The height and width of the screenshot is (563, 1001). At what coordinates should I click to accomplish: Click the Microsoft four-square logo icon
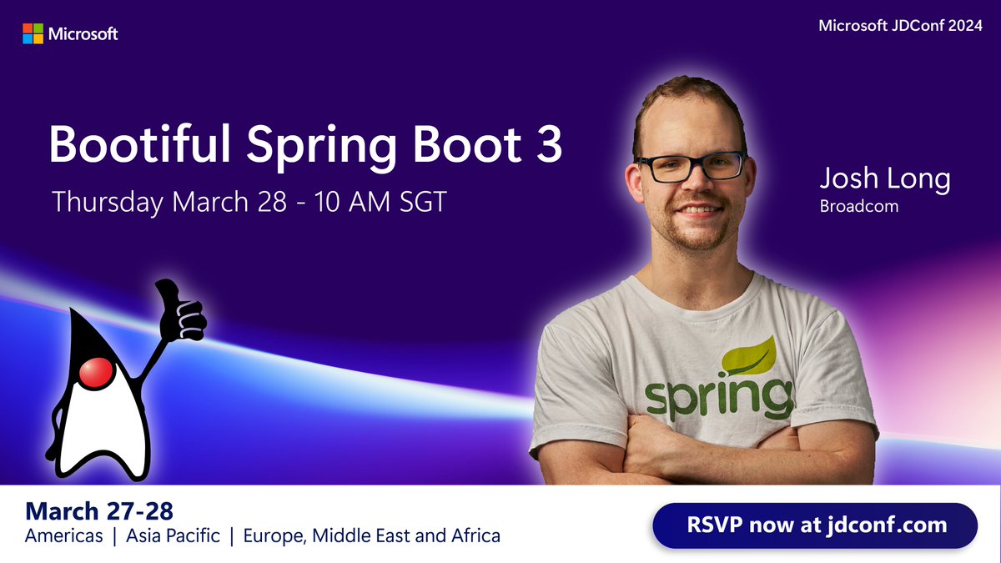point(33,33)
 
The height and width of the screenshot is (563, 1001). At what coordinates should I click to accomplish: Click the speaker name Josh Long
point(884,178)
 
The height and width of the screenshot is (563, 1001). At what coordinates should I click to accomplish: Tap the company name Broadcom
point(859,206)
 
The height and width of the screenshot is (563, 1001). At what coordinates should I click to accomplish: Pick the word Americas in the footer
point(63,535)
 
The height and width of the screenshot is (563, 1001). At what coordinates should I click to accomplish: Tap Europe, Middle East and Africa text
point(371,535)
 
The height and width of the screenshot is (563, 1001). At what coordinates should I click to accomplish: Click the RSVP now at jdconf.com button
point(814,525)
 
